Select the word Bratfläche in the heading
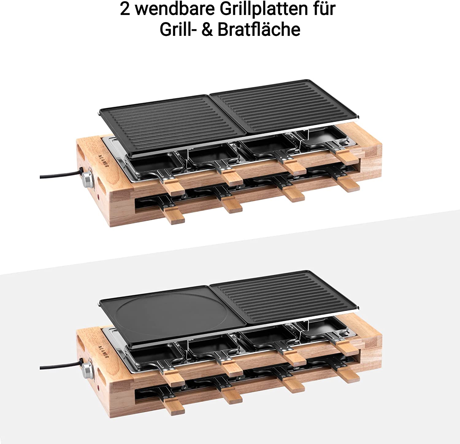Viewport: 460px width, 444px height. (259, 29)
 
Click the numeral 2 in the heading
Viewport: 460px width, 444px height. (125, 9)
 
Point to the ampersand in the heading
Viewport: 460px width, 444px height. (207, 30)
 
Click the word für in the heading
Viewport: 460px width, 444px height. (324, 9)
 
